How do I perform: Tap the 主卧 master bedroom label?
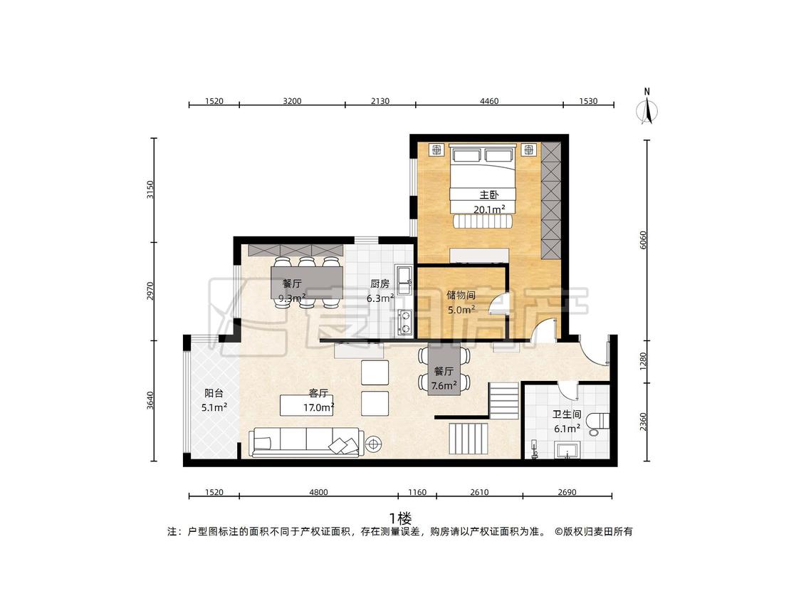[488, 194]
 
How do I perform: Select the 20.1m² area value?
[489, 209]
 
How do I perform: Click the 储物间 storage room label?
[461, 295]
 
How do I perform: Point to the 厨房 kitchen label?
[379, 283]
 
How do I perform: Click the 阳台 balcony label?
[214, 393]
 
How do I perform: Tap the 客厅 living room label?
[318, 393]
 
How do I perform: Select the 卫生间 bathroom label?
[567, 414]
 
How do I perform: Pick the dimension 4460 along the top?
[489, 101]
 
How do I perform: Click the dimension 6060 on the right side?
[643, 240]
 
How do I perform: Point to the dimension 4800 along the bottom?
[318, 492]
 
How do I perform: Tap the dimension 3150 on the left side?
[150, 190]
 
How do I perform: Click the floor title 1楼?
[400, 518]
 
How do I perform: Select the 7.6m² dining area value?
[444, 385]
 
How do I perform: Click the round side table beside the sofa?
[373, 444]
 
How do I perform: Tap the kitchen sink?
[404, 280]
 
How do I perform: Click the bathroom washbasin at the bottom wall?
[567, 450]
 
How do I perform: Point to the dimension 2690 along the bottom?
[567, 492]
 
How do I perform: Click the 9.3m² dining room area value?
[292, 298]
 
